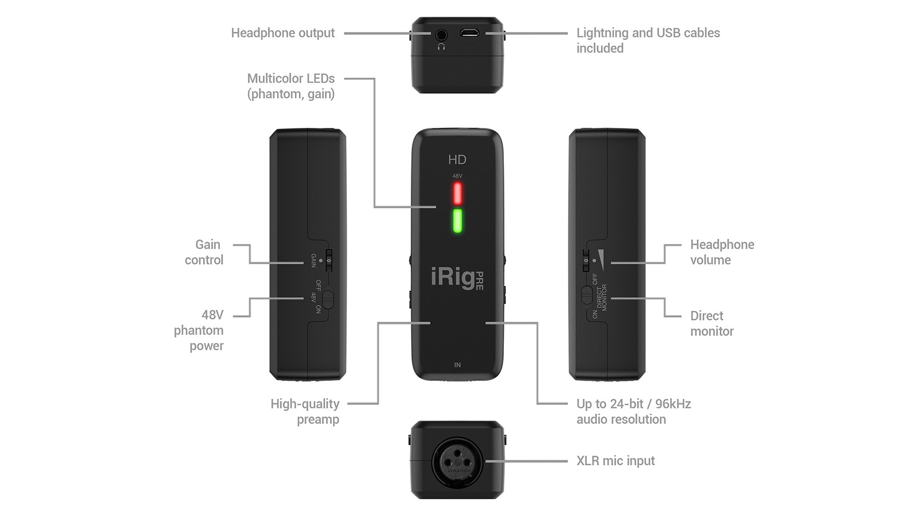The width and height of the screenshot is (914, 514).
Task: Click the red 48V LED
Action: coord(458,193)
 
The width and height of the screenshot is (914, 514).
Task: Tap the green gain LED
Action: coord(458,220)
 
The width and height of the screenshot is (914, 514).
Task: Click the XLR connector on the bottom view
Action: coord(457,461)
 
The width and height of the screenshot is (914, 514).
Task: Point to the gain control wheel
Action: coord(328,260)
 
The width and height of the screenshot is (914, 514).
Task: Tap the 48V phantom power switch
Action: coord(327,299)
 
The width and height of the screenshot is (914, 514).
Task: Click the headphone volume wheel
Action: coord(586,260)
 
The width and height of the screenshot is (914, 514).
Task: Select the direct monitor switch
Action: coord(587,295)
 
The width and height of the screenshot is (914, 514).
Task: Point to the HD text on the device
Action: coord(457,160)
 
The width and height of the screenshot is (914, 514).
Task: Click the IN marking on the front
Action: coord(457,365)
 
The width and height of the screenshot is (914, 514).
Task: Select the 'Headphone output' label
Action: coord(283,33)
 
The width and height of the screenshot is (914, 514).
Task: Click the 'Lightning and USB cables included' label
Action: coord(648,41)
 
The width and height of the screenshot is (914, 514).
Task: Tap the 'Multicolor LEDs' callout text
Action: coord(291,86)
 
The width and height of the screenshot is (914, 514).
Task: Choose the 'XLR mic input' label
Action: coord(615,461)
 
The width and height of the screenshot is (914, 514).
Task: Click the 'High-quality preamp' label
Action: coord(306,412)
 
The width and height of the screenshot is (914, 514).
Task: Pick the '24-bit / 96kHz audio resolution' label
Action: coord(633,412)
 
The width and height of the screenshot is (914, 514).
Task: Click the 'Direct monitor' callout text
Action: coord(712,324)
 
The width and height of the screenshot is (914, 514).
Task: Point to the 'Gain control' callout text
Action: coord(205,252)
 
